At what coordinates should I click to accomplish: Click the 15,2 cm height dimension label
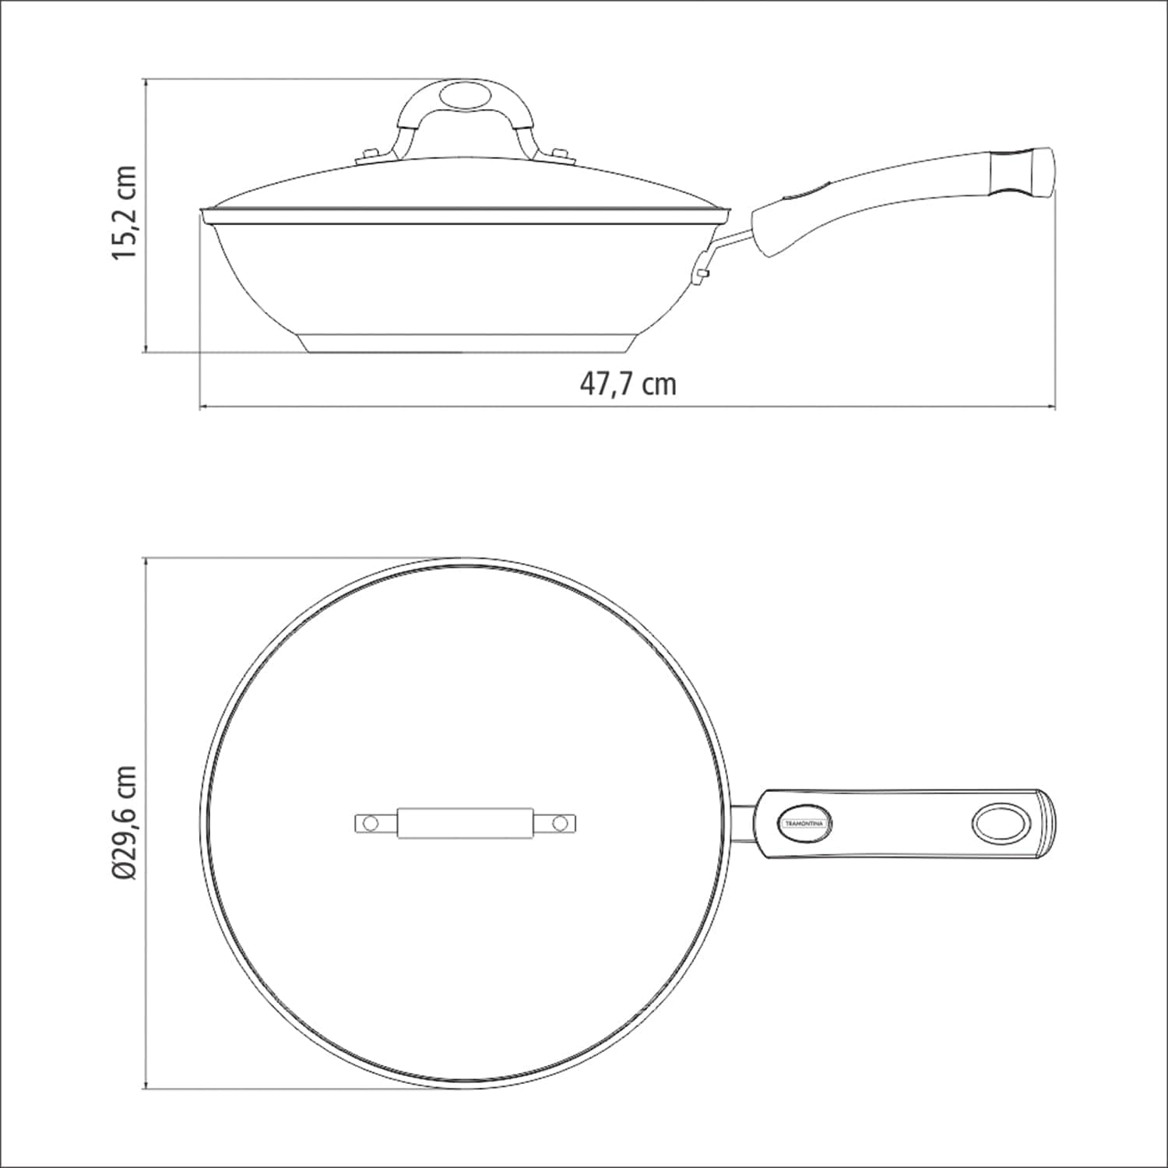tap(125, 213)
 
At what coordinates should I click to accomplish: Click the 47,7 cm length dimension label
tap(628, 383)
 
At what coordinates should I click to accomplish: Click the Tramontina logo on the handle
tap(805, 823)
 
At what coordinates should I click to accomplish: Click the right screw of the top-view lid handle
tap(559, 822)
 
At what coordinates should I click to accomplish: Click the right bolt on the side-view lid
tap(560, 154)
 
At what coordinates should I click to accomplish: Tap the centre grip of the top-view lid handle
tap(466, 823)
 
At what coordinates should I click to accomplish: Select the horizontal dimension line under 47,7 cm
tap(628, 406)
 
